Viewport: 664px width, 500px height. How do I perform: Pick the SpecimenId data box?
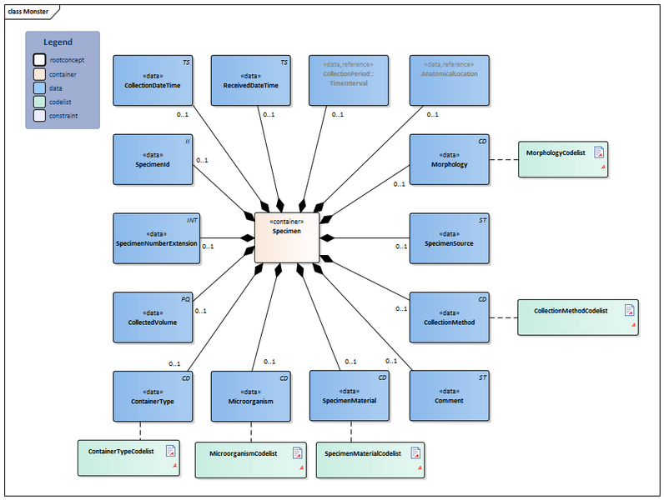coord(153,159)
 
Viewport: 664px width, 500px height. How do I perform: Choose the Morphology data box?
coord(449,159)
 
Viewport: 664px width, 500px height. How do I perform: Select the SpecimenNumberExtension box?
coord(157,238)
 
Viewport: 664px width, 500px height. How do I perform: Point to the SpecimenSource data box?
coord(449,238)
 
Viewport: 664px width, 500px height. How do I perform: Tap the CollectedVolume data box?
coord(153,317)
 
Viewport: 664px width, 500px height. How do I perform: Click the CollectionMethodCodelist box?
coord(577,317)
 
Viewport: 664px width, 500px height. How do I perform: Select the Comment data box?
coord(449,396)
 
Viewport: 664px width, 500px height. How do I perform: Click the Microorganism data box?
coord(250,396)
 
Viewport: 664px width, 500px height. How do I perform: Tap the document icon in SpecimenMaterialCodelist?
coord(415,453)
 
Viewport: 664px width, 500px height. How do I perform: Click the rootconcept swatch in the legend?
coord(39,60)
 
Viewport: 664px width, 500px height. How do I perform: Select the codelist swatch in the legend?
coord(39,102)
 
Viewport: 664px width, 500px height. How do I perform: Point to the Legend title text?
coord(58,42)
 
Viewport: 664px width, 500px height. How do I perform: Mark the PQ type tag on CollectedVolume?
coord(186,298)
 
